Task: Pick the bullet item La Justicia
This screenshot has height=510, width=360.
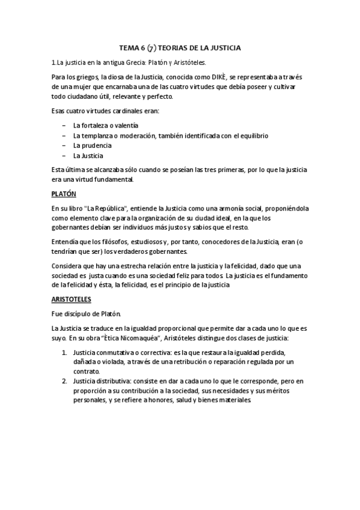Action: click(88, 155)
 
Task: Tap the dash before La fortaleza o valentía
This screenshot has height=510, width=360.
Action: click(63, 125)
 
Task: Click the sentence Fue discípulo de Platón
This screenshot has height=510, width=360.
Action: click(86, 313)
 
